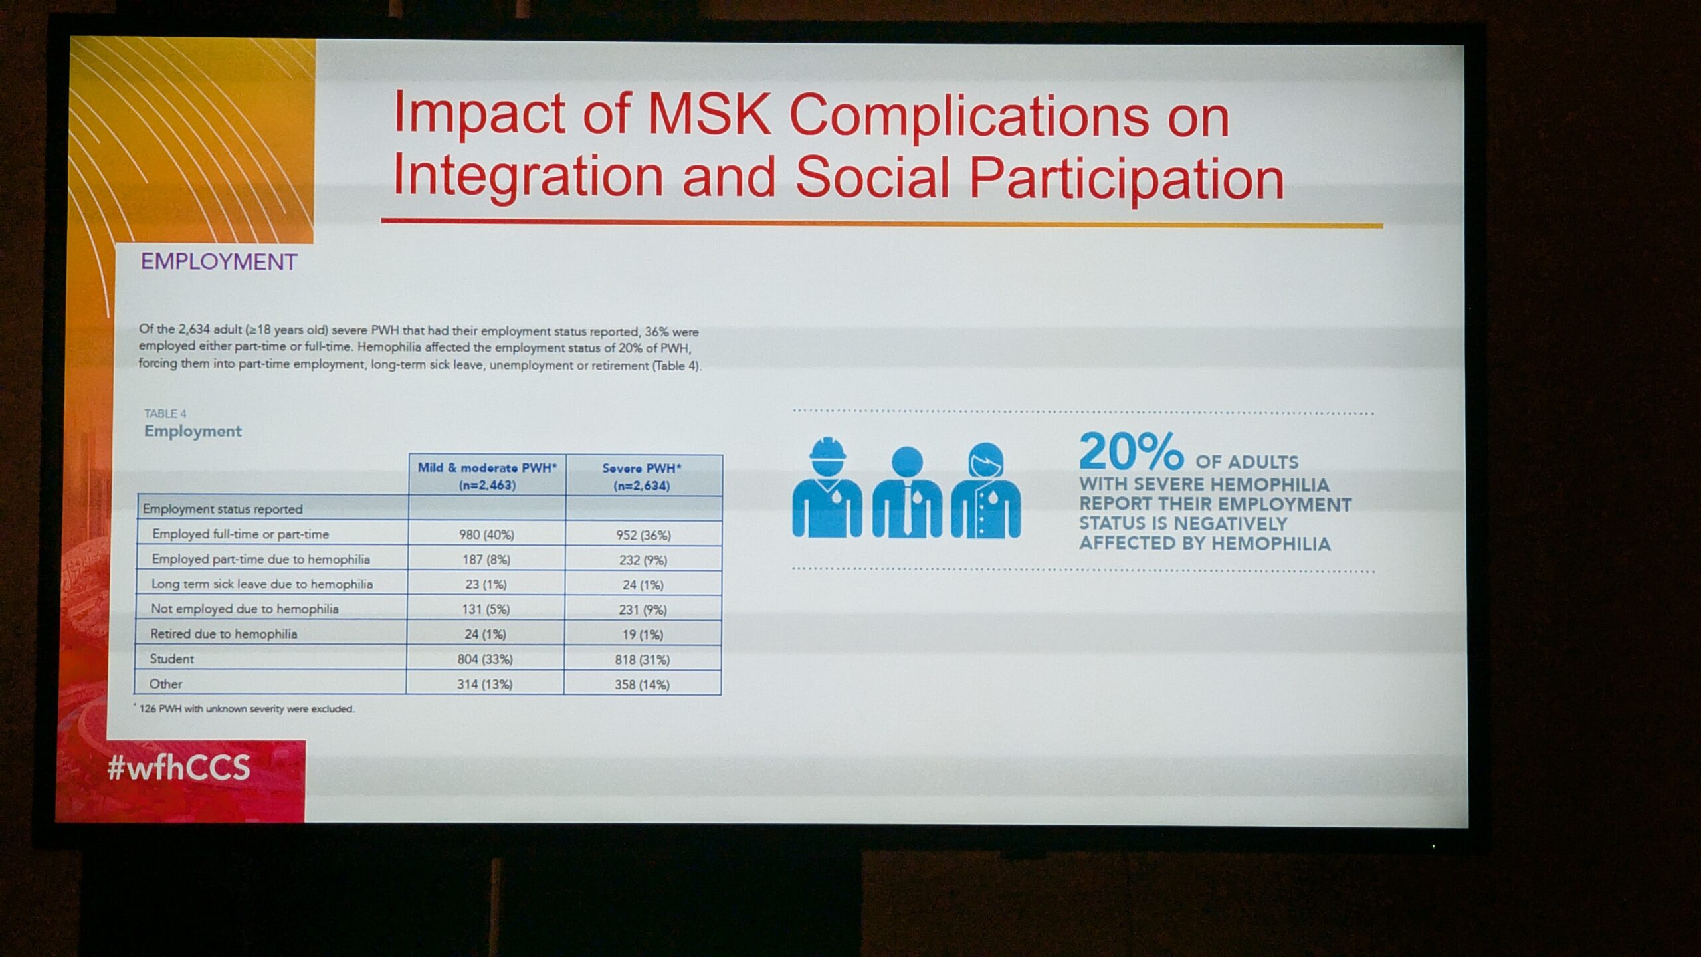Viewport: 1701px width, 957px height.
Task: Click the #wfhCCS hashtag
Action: (179, 768)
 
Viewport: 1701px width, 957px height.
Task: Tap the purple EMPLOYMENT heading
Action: (219, 262)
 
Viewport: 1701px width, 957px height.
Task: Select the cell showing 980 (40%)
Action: (486, 534)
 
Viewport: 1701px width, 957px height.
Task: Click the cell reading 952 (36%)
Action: (643, 535)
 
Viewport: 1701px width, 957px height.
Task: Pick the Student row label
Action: (171, 659)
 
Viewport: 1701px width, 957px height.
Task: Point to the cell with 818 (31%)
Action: (643, 659)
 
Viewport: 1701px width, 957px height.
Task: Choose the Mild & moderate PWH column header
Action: (487, 476)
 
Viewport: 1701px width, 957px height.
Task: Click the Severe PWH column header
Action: (642, 477)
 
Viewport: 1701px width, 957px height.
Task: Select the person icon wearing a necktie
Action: (907, 492)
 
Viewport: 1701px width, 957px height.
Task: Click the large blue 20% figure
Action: (1132, 451)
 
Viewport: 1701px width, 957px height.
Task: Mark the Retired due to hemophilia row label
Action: (223, 633)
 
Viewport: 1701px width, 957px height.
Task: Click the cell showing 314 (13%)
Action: (484, 684)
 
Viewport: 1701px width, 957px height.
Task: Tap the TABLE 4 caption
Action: (165, 413)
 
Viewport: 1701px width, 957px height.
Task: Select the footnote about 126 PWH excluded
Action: (244, 708)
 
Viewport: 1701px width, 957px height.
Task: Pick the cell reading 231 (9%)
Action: (643, 609)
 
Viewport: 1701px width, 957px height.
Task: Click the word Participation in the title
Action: (1126, 179)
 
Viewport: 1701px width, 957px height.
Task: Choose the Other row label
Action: (165, 683)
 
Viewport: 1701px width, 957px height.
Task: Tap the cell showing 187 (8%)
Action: (486, 560)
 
